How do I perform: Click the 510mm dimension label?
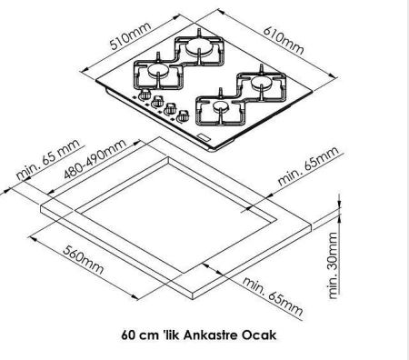130,36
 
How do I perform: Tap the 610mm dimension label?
283,40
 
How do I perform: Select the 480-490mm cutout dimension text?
95,159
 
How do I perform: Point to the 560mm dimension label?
84,260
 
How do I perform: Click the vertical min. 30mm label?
333,265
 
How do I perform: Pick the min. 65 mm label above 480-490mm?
48,159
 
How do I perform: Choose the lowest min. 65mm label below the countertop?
272,296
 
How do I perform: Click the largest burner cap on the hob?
199,48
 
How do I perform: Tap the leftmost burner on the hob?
158,70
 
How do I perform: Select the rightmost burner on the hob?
261,81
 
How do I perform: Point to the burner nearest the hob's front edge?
221,105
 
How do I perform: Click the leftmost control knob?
145,95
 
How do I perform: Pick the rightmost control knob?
183,116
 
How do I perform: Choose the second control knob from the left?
157,101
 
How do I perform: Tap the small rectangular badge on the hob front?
203,136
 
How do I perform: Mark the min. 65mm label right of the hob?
308,166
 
